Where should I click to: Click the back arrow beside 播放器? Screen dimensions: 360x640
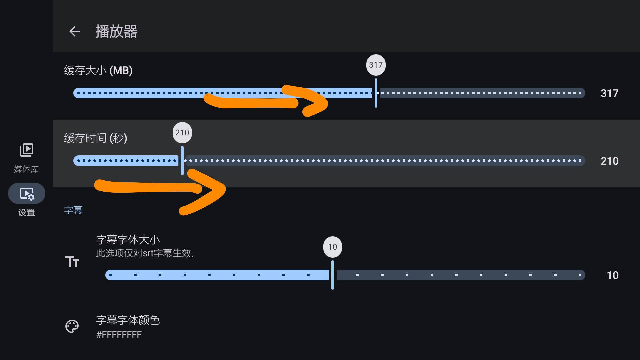pyautogui.click(x=75, y=31)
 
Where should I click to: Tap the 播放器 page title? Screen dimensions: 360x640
pyautogui.click(x=116, y=32)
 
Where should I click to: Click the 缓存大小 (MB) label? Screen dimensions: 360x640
pyautogui.click(x=98, y=71)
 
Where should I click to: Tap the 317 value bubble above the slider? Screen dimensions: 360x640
pyautogui.click(x=376, y=65)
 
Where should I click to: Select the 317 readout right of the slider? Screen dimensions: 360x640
pyautogui.click(x=609, y=93)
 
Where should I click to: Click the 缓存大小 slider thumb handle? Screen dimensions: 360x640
pyautogui.click(x=376, y=93)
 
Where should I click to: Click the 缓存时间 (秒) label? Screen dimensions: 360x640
pyautogui.click(x=96, y=138)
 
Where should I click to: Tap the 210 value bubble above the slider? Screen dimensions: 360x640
pyautogui.click(x=182, y=133)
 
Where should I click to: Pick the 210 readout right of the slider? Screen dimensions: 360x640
pyautogui.click(x=609, y=161)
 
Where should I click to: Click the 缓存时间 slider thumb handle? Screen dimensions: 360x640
pyautogui.click(x=182, y=161)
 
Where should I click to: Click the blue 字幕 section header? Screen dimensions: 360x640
pyautogui.click(x=73, y=210)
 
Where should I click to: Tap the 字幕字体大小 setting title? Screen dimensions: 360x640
pyautogui.click(x=128, y=240)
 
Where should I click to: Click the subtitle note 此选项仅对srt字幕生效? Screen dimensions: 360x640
pyautogui.click(x=144, y=253)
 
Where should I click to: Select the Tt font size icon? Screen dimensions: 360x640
pyautogui.click(x=72, y=262)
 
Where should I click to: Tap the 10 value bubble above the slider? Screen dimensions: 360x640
pyautogui.click(x=332, y=247)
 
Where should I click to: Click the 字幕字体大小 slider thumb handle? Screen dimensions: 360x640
pyautogui.click(x=333, y=275)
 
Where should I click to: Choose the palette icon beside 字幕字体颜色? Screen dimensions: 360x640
pyautogui.click(x=72, y=326)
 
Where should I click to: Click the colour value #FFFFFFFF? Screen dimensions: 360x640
pyautogui.click(x=119, y=335)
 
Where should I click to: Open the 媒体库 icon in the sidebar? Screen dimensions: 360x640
pyautogui.click(x=27, y=150)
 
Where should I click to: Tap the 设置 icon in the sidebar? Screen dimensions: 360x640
pyautogui.click(x=27, y=194)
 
